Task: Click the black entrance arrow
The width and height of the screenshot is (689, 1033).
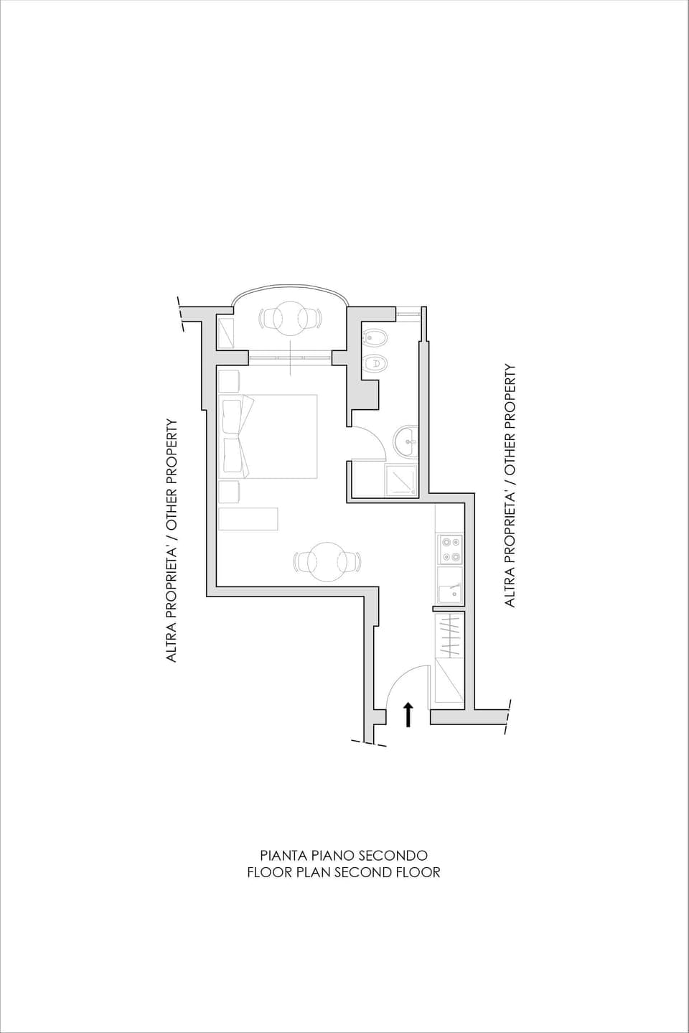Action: pyautogui.click(x=408, y=714)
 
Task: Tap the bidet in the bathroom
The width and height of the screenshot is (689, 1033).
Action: pyautogui.click(x=374, y=337)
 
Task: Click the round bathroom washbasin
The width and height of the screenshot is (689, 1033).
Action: pyautogui.click(x=407, y=439)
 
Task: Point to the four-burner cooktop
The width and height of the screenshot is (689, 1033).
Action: pyautogui.click(x=451, y=549)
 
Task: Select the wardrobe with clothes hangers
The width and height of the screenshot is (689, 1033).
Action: pyautogui.click(x=450, y=635)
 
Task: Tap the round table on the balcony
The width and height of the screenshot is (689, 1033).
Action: pyautogui.click(x=290, y=318)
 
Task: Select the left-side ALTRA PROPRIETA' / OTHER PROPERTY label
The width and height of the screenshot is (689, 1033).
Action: pyautogui.click(x=172, y=541)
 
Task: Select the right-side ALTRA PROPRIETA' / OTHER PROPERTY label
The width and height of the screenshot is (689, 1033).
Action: pyautogui.click(x=510, y=486)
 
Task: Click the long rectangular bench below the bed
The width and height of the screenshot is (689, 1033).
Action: pyautogui.click(x=248, y=519)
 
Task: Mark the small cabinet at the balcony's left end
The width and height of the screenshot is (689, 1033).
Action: pyautogui.click(x=225, y=332)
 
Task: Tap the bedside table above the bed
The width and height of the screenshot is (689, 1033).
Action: pyautogui.click(x=229, y=380)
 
